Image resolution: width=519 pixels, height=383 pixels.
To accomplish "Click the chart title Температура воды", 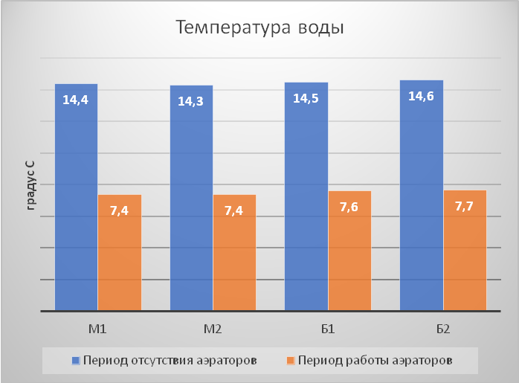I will [x=259, y=28].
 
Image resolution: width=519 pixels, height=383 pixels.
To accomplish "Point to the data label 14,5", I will [x=306, y=98].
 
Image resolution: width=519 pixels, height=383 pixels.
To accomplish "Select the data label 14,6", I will [x=422, y=96].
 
